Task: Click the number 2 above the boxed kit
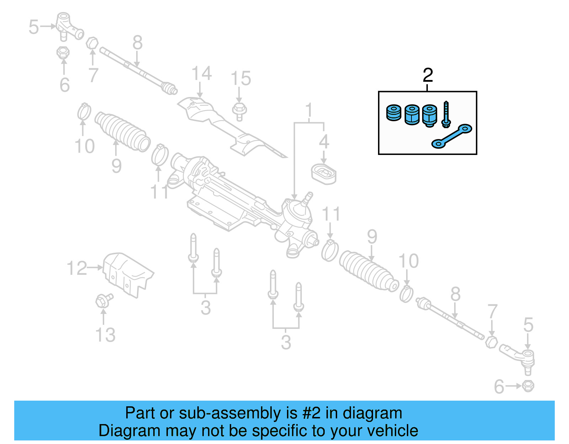coord(428,75)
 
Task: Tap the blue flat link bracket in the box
coord(452,137)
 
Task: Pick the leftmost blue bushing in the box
coord(393,113)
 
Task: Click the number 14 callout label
coord(201,74)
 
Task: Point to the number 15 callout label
coord(241,79)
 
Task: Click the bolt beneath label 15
coord(239,111)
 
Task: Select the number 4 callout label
coord(324,142)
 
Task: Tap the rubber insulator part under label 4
coord(324,174)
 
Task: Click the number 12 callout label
coord(77,268)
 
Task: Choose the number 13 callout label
coord(105,335)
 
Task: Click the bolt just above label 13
coord(103,301)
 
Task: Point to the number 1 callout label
coord(309,110)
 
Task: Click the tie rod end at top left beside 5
coord(68,26)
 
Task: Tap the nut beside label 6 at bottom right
coord(528,386)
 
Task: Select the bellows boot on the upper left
coord(122,132)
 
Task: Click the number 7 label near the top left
coord(93,75)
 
